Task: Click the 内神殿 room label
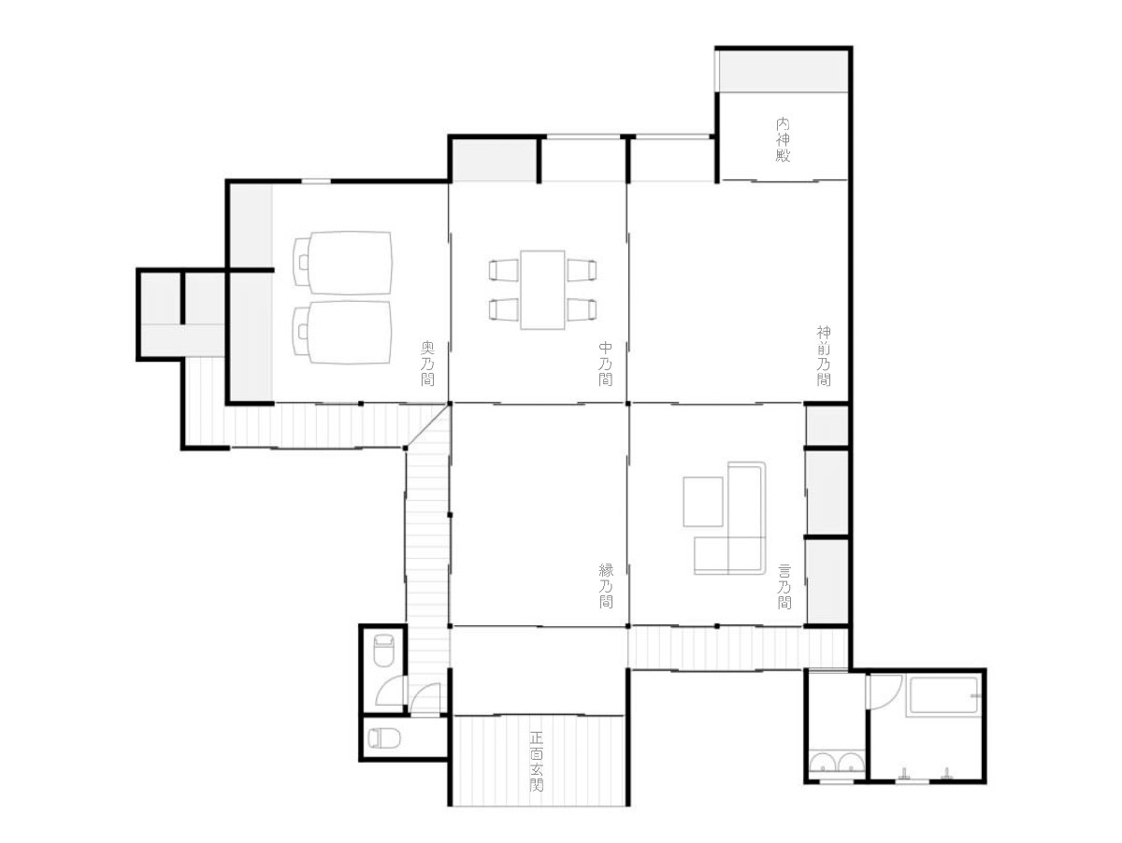(x=782, y=139)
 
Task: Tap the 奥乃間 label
(x=427, y=364)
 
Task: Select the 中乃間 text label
(x=605, y=364)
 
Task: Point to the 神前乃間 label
(x=824, y=355)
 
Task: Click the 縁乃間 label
(x=606, y=585)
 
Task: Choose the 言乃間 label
(x=784, y=586)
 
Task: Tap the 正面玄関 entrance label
(x=536, y=762)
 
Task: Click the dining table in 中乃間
(x=542, y=290)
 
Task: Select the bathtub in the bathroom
(x=943, y=694)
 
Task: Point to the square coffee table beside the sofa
(x=703, y=501)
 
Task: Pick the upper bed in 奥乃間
(x=343, y=263)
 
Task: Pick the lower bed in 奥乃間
(x=342, y=333)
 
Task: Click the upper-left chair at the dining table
(x=503, y=270)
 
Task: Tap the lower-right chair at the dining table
(x=582, y=309)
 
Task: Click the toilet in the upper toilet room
(x=383, y=650)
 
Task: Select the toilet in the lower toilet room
(x=384, y=737)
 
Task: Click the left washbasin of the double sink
(x=822, y=762)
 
